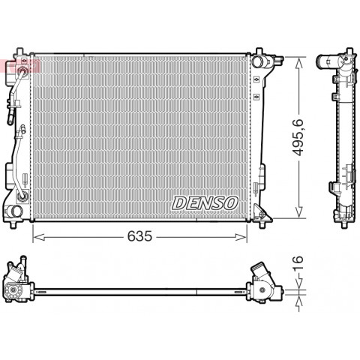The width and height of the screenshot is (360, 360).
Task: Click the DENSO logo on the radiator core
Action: [x=205, y=203]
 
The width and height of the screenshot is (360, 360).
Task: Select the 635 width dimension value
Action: [x=139, y=236]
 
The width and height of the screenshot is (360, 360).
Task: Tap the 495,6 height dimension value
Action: [x=298, y=137]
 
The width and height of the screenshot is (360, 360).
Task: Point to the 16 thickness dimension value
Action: [x=298, y=263]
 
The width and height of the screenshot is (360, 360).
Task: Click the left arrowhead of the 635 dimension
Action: [x=39, y=237]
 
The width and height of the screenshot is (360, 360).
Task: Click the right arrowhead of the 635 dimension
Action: [x=241, y=237]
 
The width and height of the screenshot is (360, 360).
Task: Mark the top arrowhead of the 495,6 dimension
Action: [x=299, y=62]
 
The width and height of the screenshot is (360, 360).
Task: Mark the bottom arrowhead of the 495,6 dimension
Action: [x=299, y=212]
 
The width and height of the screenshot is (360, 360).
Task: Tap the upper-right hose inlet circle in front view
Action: [x=257, y=61]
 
